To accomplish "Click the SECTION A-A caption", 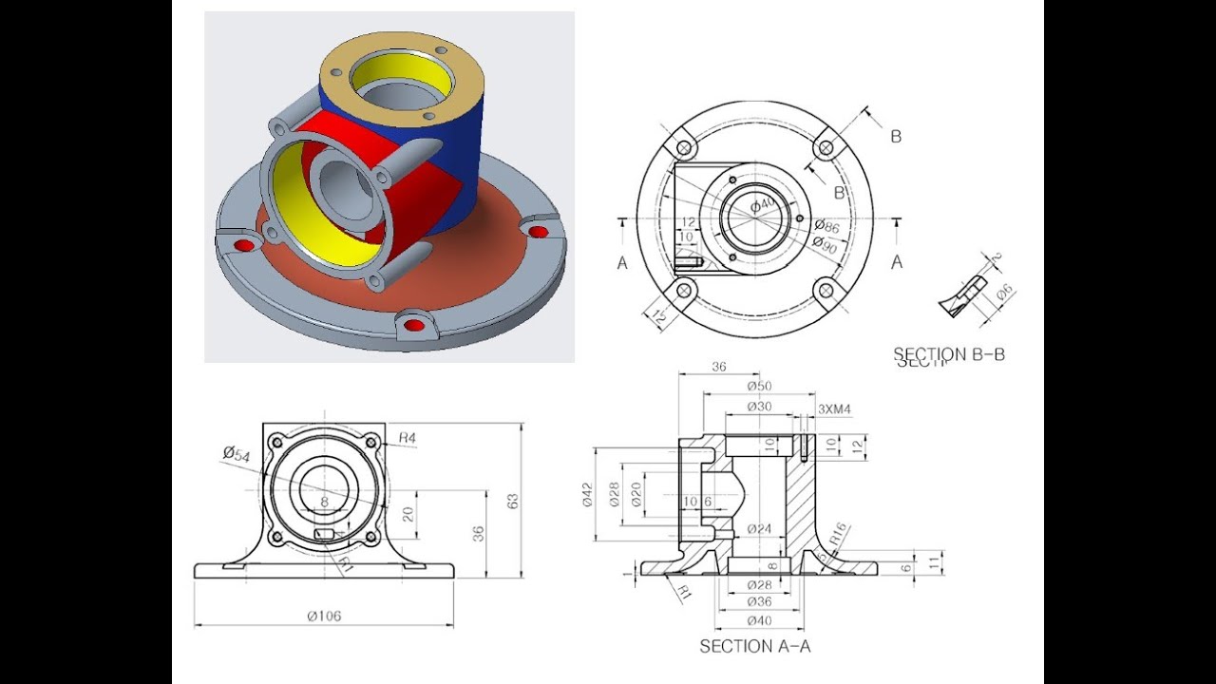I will [755, 646].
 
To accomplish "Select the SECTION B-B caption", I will [948, 354].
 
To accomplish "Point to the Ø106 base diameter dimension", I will [323, 616].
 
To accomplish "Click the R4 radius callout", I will [408, 438].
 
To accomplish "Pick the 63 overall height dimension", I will [512, 500].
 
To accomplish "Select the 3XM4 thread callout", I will [834, 409].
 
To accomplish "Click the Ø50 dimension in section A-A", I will [758, 386].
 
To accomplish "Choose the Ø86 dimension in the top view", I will [826, 226].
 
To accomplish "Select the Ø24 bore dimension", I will [758, 528].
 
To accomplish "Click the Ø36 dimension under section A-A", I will [758, 601].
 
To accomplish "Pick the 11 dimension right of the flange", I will [934, 562].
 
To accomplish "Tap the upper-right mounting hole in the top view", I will [826, 148].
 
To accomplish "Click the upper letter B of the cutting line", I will [895, 137].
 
